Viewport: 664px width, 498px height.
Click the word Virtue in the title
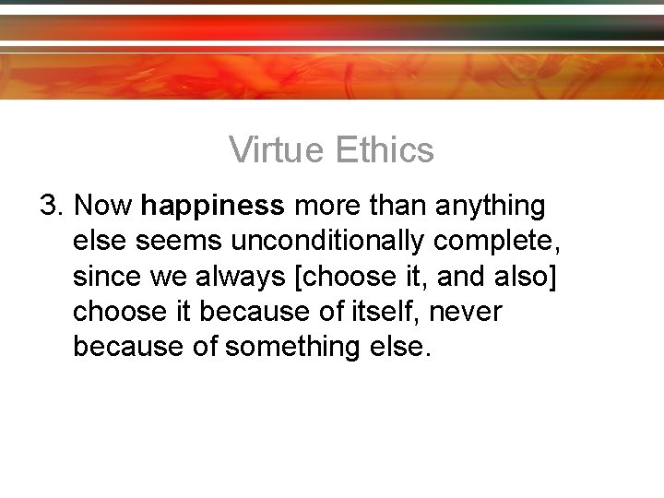[278, 149]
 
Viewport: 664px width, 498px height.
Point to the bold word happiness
[214, 205]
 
